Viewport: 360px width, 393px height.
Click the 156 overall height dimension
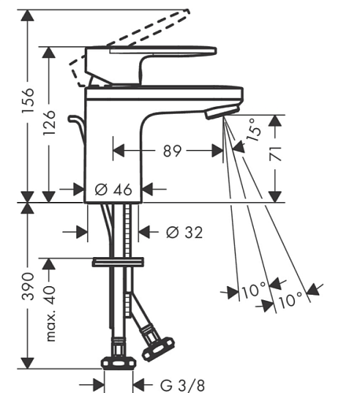(x=28, y=101)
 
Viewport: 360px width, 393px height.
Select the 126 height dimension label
(x=49, y=123)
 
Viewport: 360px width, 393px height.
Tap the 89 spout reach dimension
(x=172, y=151)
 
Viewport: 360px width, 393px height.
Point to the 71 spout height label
(x=275, y=154)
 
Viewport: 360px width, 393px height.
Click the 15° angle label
(x=255, y=130)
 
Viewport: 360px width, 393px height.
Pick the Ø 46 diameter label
(x=113, y=189)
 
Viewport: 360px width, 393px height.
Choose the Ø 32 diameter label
(x=185, y=233)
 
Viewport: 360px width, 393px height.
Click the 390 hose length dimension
(x=28, y=286)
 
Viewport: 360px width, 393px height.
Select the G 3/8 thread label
(x=182, y=385)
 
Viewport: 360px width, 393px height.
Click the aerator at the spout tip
(x=222, y=112)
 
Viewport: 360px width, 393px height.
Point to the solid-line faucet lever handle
(x=150, y=65)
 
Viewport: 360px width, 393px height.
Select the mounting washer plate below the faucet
(x=118, y=263)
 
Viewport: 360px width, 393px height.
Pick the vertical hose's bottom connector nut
(x=119, y=363)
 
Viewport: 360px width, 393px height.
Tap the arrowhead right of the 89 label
(x=218, y=151)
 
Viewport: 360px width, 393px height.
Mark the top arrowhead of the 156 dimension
(x=28, y=16)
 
